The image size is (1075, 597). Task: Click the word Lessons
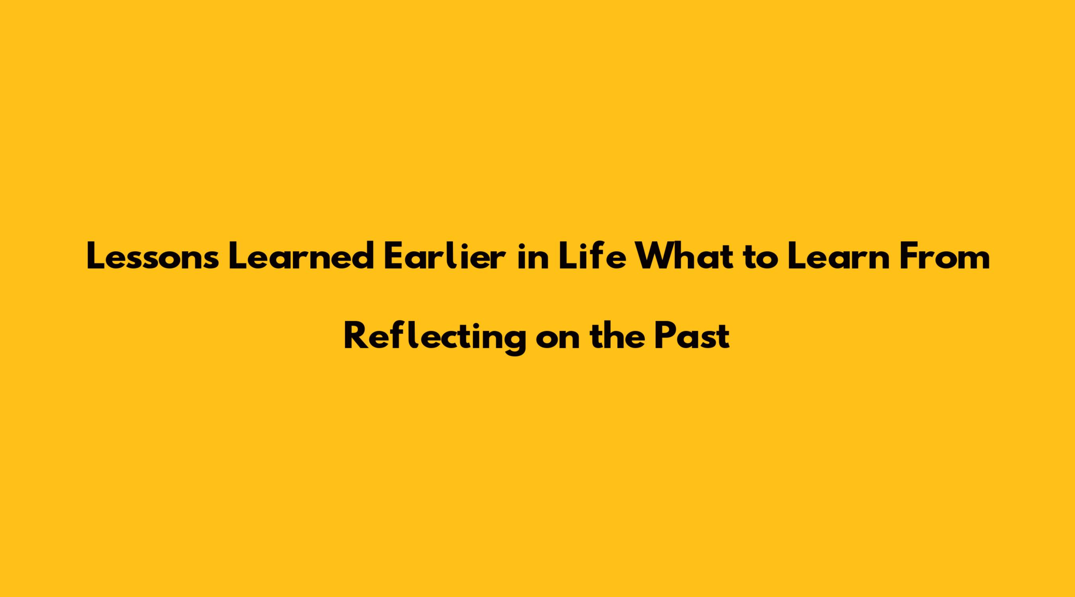coord(152,257)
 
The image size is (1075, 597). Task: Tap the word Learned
coord(301,256)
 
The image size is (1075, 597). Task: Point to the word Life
coord(592,256)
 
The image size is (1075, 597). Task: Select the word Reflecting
coord(434,338)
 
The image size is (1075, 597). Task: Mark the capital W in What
coord(653,257)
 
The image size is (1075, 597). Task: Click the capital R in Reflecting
coord(355,336)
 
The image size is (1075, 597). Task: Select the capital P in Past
coord(665,336)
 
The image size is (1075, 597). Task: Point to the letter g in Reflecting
coord(514,343)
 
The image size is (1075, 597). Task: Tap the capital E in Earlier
coord(393,257)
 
